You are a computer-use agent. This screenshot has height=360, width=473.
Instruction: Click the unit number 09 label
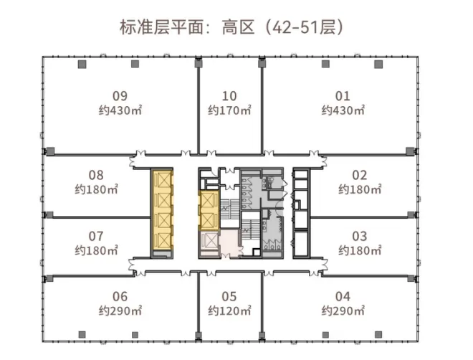pyautogui.click(x=120, y=96)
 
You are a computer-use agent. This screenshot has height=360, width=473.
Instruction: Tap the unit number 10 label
pyautogui.click(x=229, y=96)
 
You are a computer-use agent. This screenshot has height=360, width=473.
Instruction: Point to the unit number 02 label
pyautogui.click(x=360, y=175)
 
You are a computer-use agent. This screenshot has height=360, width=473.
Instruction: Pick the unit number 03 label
pyautogui.click(x=360, y=236)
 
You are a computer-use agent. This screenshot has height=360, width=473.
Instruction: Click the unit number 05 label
pyautogui.click(x=229, y=296)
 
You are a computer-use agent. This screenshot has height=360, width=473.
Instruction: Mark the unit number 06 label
pyautogui.click(x=120, y=296)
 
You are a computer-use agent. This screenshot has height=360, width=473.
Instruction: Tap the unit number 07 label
pyautogui.click(x=96, y=236)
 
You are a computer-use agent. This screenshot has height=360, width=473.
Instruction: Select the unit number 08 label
pyautogui.click(x=96, y=175)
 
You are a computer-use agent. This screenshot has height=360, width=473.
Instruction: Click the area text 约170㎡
pyautogui.click(x=229, y=111)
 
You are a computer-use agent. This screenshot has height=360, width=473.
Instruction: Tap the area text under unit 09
pyautogui.click(x=120, y=111)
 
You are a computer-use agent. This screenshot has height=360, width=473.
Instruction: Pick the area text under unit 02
pyautogui.click(x=360, y=190)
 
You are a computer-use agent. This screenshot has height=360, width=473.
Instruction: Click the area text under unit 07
pyautogui.click(x=96, y=251)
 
